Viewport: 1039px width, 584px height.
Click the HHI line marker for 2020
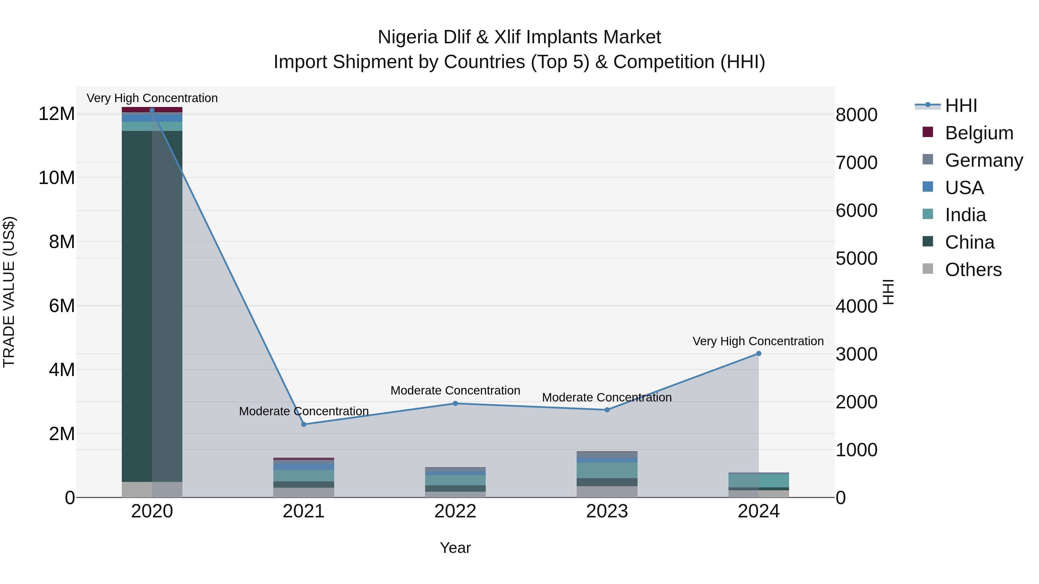pyautogui.click(x=152, y=110)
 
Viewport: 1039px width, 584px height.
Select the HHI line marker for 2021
pyautogui.click(x=304, y=425)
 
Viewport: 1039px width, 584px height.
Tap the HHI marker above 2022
pyautogui.click(x=455, y=403)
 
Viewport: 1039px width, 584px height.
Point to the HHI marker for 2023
pyautogui.click(x=607, y=410)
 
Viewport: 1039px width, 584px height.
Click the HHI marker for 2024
pyautogui.click(x=759, y=354)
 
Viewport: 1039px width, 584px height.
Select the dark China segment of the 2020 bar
pyautogui.click(x=137, y=306)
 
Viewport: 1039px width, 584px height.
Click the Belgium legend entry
pyautogui.click(x=979, y=133)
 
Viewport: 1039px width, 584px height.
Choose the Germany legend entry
pyautogui.click(x=984, y=160)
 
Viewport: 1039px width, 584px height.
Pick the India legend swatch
pyautogui.click(x=928, y=214)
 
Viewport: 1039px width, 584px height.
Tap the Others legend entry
pyautogui.click(x=973, y=270)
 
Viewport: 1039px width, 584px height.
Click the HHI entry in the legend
pyautogui.click(x=961, y=106)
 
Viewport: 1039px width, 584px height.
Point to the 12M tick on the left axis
pyautogui.click(x=57, y=114)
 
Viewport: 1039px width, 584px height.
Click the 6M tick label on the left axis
pyautogui.click(x=62, y=306)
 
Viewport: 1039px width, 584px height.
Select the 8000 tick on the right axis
pyautogui.click(x=856, y=115)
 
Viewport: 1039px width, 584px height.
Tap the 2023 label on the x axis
pyautogui.click(x=607, y=511)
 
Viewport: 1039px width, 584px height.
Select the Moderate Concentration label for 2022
pyautogui.click(x=455, y=390)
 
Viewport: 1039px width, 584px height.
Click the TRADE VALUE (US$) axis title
pyautogui.click(x=9, y=292)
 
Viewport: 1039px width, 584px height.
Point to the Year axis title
pyautogui.click(x=455, y=548)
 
